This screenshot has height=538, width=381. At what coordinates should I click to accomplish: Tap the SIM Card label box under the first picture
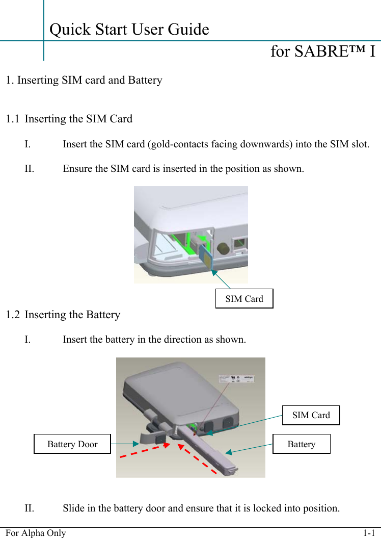click(244, 299)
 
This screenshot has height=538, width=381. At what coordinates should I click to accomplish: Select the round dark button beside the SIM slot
click(223, 249)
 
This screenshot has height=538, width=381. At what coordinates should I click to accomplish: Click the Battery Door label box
click(72, 444)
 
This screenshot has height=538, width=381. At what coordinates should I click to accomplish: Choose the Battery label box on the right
click(301, 444)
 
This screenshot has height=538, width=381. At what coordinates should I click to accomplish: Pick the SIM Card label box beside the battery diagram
click(311, 415)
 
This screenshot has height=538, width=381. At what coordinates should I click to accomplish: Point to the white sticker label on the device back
click(237, 379)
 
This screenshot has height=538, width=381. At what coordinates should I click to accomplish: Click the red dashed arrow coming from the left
click(144, 451)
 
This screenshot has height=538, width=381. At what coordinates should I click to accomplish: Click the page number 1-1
click(369, 533)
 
